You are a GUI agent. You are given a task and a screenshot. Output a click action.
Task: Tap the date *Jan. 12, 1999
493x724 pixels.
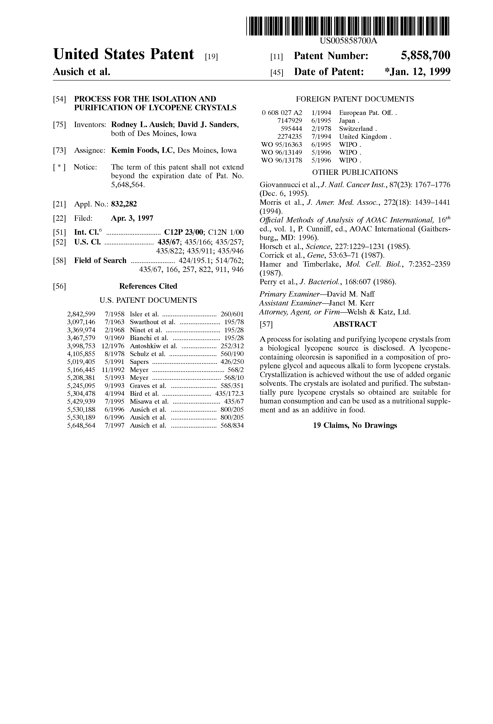(x=418, y=72)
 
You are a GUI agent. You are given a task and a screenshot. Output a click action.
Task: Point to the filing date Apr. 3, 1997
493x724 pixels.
(x=132, y=218)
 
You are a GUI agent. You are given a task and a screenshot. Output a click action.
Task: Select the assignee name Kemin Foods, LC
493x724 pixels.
(x=142, y=150)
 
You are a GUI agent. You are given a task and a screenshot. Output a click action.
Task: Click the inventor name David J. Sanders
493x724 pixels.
(x=208, y=125)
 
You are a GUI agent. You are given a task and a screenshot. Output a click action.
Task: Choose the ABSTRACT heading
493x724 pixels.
(x=355, y=324)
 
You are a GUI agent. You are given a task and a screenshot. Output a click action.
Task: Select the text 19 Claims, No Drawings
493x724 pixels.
(x=355, y=426)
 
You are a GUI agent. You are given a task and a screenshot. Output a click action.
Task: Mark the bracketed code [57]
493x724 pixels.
(x=266, y=325)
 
